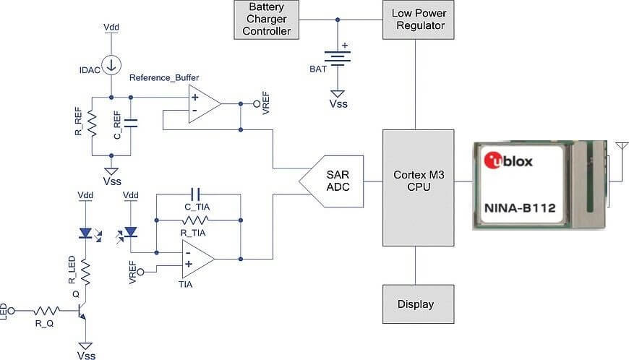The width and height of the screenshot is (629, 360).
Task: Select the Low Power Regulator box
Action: coord(418,20)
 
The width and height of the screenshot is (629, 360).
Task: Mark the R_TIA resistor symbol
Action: coord(195,218)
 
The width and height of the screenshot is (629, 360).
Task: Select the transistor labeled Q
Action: coord(81,312)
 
